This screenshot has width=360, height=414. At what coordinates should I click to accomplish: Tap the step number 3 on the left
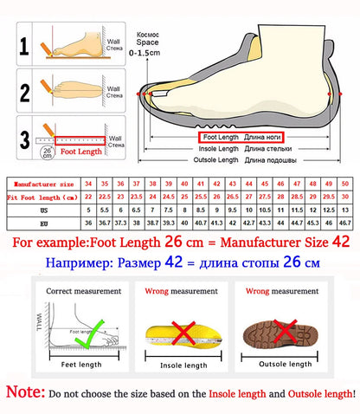(x=25, y=136)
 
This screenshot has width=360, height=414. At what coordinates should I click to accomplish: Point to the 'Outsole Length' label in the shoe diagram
(x=216, y=159)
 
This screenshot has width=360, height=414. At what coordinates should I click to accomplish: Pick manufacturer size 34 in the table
(x=88, y=184)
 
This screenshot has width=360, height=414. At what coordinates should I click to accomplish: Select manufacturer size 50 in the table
(x=344, y=184)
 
